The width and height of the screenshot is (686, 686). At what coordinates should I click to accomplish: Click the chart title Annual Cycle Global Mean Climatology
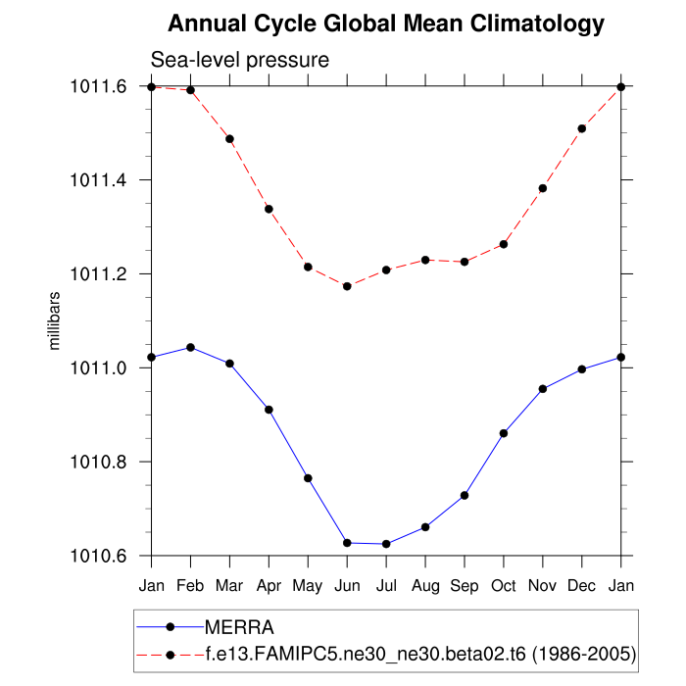(x=386, y=24)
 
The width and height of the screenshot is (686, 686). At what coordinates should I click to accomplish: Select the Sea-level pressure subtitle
(x=239, y=61)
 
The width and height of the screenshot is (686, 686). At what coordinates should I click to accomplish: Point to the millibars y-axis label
(x=56, y=320)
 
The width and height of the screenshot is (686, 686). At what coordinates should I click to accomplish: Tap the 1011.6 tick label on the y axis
(x=99, y=87)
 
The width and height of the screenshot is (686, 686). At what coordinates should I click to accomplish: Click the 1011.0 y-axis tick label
(x=99, y=368)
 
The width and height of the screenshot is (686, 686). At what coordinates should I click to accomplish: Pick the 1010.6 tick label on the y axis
(x=99, y=556)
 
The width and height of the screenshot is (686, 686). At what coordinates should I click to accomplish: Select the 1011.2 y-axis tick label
(x=99, y=274)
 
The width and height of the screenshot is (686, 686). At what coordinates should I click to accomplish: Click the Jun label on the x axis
(x=347, y=586)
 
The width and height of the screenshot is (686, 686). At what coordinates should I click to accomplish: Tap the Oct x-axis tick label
(x=504, y=586)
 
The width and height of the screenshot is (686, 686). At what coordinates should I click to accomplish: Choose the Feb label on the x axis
(x=190, y=586)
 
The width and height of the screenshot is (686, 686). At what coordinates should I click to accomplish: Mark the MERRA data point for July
(x=386, y=544)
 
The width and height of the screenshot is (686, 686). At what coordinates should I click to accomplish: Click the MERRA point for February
(x=190, y=347)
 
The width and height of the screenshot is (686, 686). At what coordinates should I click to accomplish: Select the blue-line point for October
(x=504, y=433)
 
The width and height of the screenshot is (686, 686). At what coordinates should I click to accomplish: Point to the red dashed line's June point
(x=347, y=286)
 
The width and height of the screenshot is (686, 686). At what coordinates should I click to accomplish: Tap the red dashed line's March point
(x=229, y=139)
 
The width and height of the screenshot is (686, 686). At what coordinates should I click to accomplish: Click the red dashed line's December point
(x=582, y=128)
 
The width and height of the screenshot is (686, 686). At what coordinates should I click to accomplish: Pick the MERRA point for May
(x=308, y=478)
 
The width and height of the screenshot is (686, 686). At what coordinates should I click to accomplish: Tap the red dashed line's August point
(x=425, y=260)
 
